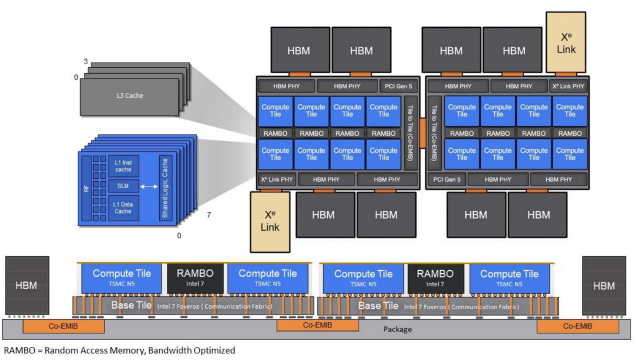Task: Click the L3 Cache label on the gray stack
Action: click(129, 95)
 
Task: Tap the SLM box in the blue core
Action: click(123, 186)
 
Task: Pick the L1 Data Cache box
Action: click(123, 207)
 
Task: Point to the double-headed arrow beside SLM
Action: click(149, 186)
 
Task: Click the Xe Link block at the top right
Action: click(566, 42)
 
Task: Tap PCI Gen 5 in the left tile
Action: click(398, 86)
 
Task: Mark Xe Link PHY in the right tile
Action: click(569, 86)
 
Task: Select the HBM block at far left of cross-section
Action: click(26, 286)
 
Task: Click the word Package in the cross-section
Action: click(397, 329)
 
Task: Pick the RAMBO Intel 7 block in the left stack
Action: click(195, 277)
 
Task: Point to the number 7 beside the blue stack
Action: click(208, 215)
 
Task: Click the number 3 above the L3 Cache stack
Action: click(86, 61)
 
